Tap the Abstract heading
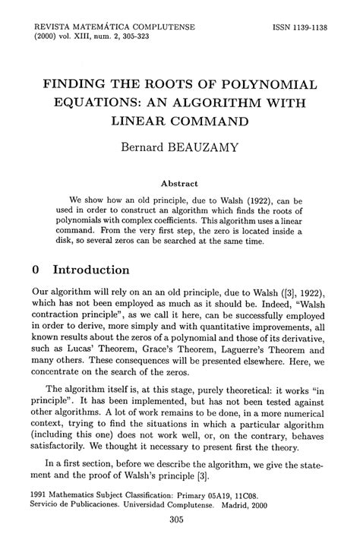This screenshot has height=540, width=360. pyautogui.click(x=180, y=183)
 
